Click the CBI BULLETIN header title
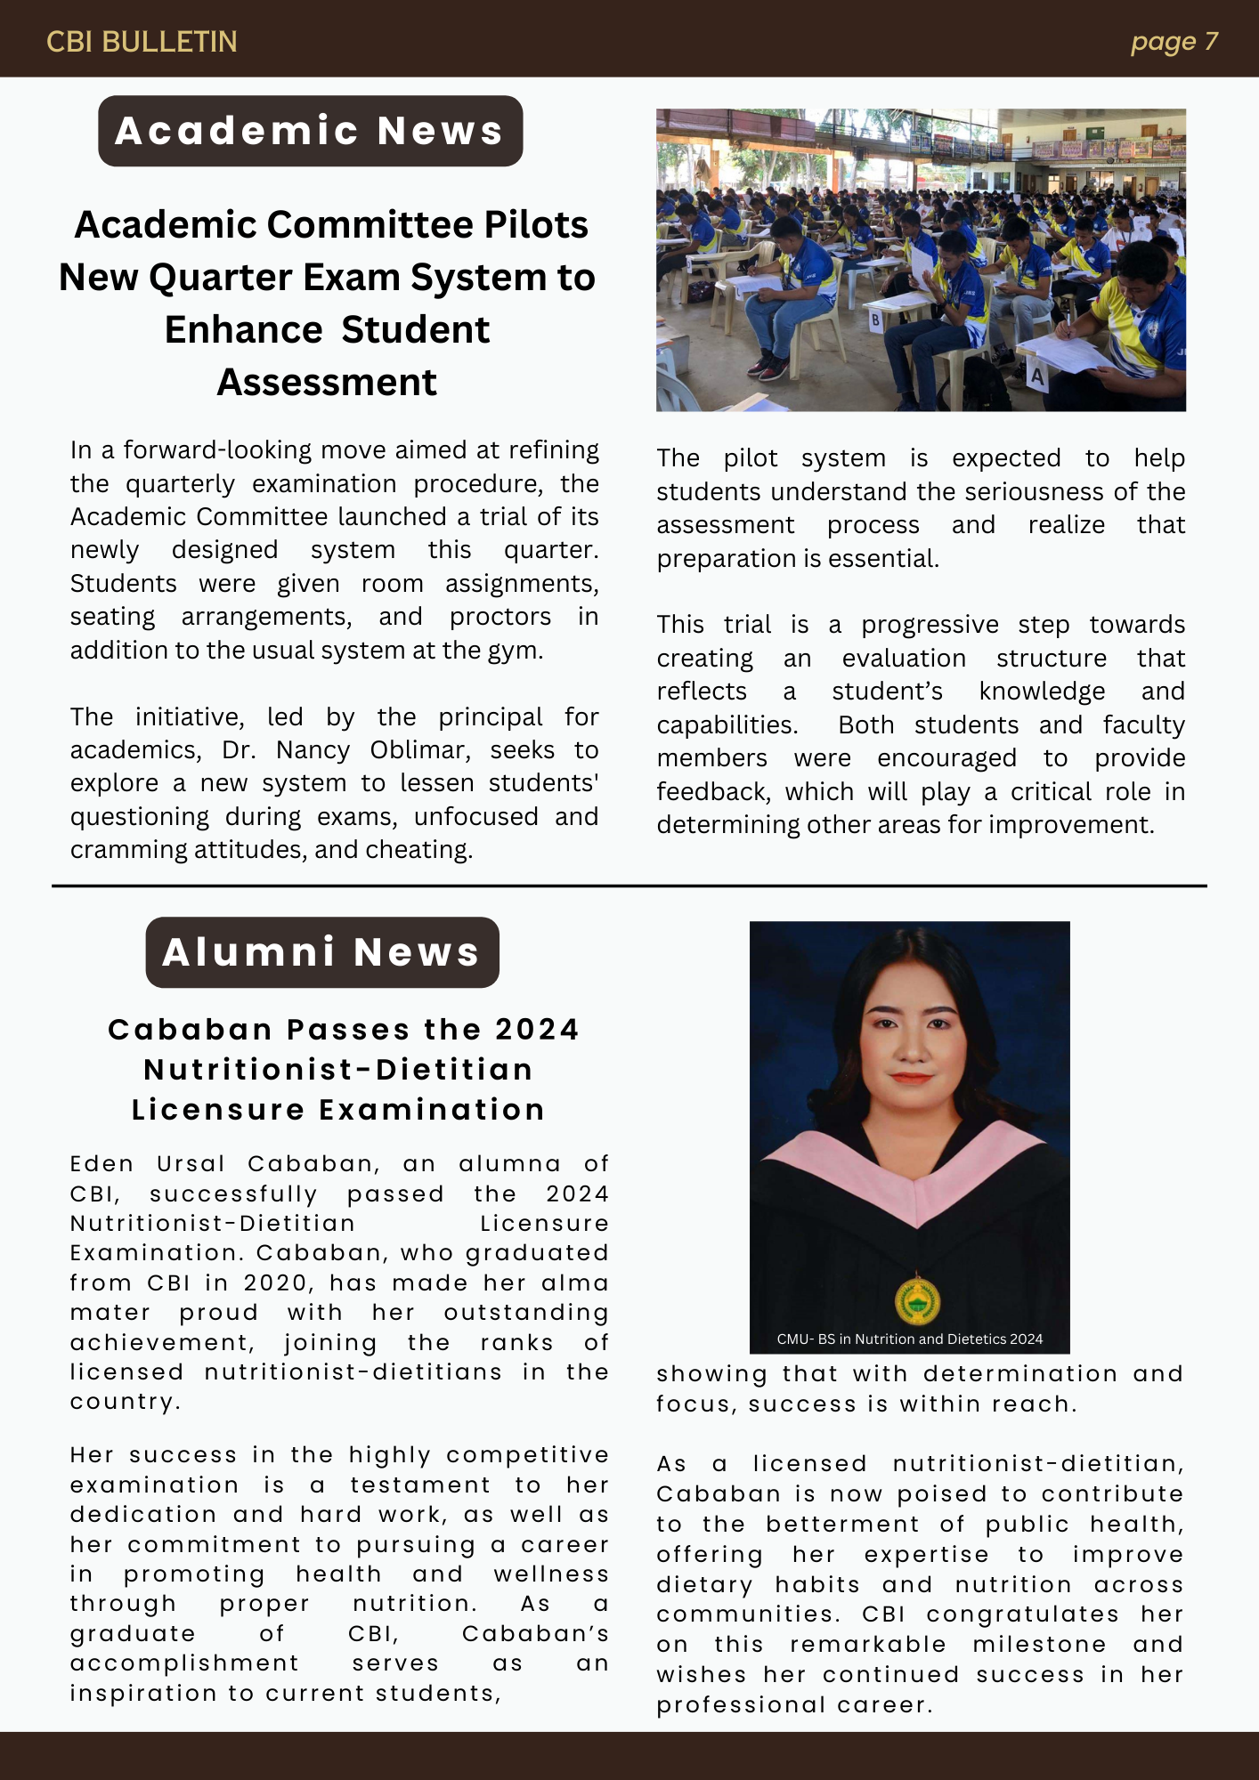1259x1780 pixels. coord(142,42)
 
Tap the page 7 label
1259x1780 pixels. coord(1174,42)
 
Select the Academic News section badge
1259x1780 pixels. coord(310,131)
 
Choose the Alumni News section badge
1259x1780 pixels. coord(321,952)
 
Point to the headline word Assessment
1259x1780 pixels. coord(327,382)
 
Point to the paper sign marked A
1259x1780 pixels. coord(1037,376)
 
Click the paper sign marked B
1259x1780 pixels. coord(875,320)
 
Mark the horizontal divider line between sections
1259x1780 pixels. coord(629,886)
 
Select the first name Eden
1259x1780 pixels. coord(102,1164)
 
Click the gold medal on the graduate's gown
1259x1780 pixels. coord(917,1301)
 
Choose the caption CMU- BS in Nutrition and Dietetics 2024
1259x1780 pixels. coord(909,1339)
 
